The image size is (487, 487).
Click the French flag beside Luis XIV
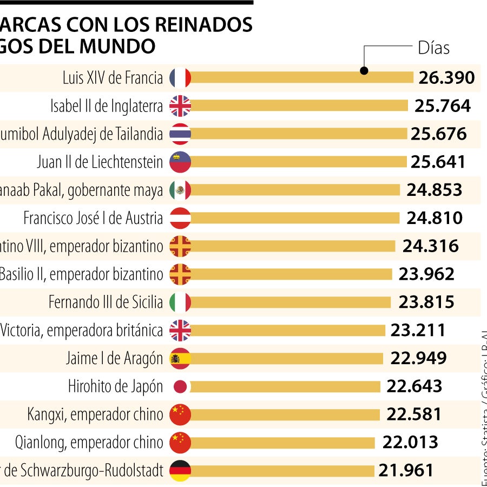click(x=180, y=78)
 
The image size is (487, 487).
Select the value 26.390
click(x=446, y=78)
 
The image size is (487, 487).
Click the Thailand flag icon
click(x=180, y=134)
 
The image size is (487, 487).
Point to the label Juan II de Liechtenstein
click(x=100, y=162)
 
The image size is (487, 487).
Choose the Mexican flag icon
click(x=180, y=190)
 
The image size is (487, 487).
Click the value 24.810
click(x=435, y=218)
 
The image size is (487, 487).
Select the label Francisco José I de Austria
click(x=93, y=218)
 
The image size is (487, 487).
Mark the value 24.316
click(x=430, y=246)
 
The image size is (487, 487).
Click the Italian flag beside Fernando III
click(x=180, y=302)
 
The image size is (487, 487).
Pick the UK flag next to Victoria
click(x=180, y=330)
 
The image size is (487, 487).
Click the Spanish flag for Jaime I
click(x=180, y=358)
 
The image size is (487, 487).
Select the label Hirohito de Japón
click(x=115, y=386)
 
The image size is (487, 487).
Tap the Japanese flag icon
click(x=180, y=386)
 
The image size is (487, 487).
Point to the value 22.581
click(x=414, y=414)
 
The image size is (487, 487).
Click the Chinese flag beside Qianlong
click(x=180, y=443)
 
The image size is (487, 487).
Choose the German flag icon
click(x=180, y=471)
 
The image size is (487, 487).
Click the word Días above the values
click(x=433, y=48)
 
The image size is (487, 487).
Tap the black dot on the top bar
click(x=364, y=70)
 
